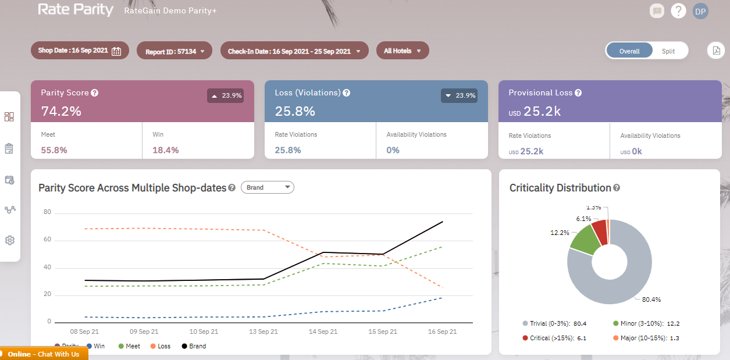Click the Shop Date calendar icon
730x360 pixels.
pos(116,51)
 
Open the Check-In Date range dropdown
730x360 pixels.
pos(294,51)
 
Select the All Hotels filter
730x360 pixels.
pos(402,51)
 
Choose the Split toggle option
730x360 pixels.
pos(668,51)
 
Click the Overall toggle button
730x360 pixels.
pos(629,51)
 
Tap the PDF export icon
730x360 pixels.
pos(715,51)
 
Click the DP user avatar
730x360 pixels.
pos(700,11)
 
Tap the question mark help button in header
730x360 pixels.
pos(678,11)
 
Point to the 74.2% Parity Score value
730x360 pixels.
pos(61,111)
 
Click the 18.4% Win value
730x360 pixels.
pos(166,150)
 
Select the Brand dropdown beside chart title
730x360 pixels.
pos(267,187)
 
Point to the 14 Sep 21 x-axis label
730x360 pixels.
pos(323,332)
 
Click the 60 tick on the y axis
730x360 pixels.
pos(48,240)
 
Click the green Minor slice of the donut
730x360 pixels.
pos(584,240)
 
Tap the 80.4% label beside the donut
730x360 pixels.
pos(651,300)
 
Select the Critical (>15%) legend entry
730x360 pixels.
pos(547,338)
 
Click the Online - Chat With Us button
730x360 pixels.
pos(44,354)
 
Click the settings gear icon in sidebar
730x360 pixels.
pos(9,240)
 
